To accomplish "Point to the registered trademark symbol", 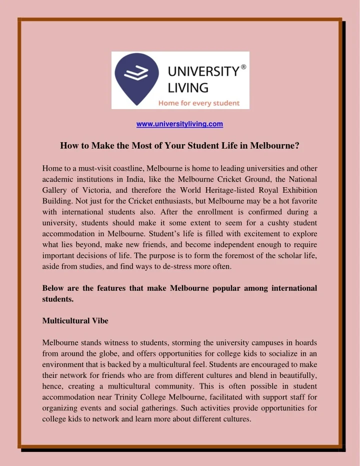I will tap(243, 66).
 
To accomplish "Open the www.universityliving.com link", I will tap(179, 124).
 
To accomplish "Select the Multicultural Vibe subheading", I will tap(75, 320).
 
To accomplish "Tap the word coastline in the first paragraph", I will tap(127, 168).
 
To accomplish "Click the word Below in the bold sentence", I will tap(53, 288).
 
